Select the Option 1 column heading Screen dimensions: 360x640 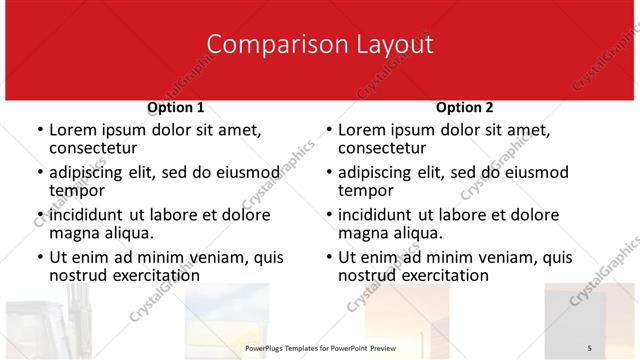click(176, 107)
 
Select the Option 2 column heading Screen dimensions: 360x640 click(465, 107)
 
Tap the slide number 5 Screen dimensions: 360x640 click(590, 347)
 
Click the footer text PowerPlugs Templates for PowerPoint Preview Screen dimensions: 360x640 click(320, 347)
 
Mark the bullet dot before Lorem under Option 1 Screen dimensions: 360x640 click(39, 131)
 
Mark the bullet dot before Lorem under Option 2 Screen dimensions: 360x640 click(328, 131)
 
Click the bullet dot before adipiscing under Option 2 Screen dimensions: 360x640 click(328, 173)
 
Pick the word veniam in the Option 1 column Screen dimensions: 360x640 click(211, 257)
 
